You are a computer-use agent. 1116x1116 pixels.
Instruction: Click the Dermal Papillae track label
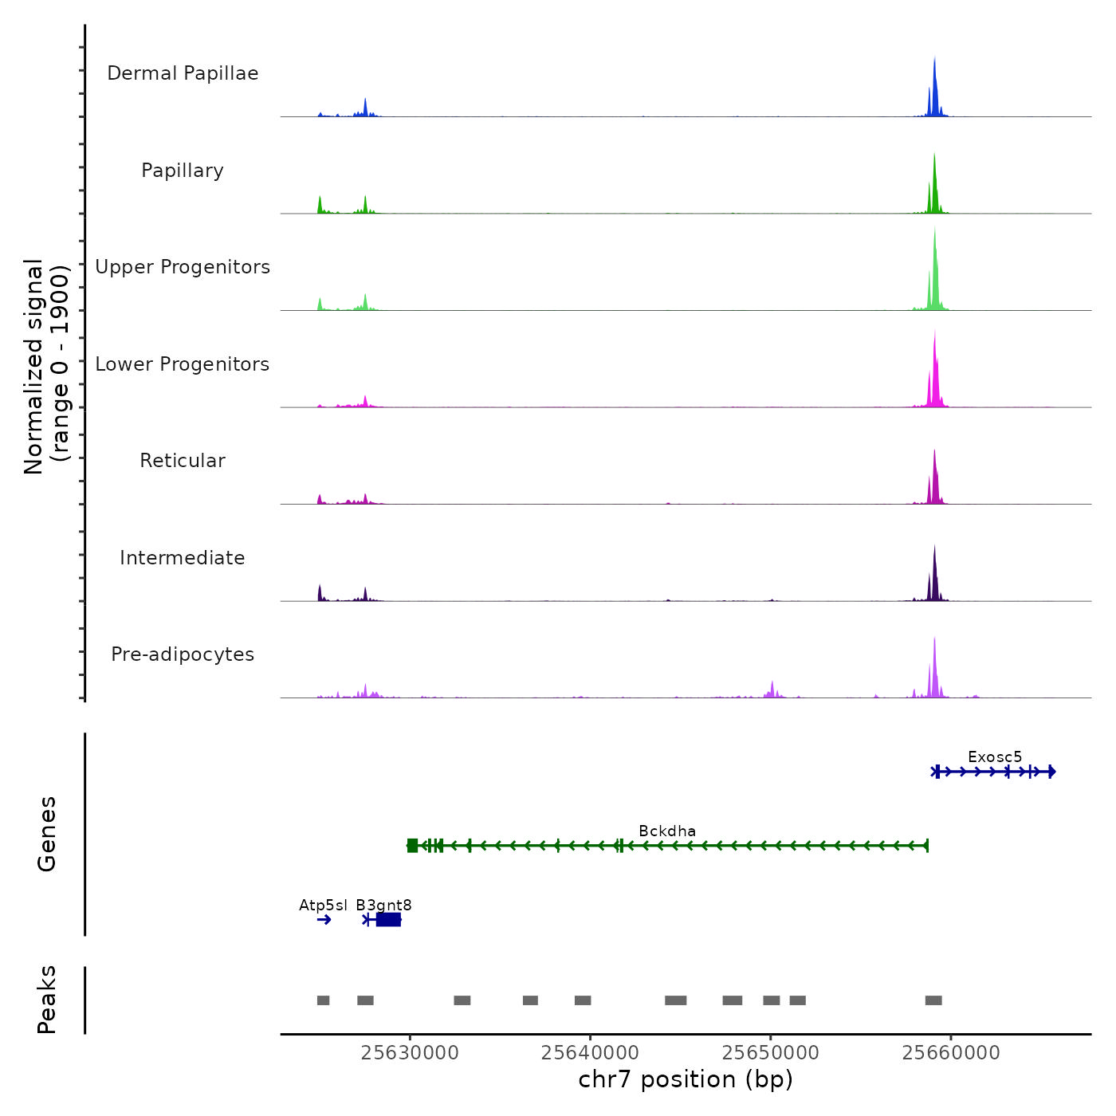click(x=183, y=73)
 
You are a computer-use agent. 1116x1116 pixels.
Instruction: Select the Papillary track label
click(x=183, y=171)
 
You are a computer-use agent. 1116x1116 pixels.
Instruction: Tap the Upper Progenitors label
click(x=183, y=267)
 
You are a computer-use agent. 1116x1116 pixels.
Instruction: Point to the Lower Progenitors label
click(x=183, y=364)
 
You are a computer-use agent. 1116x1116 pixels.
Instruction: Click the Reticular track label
click(x=183, y=461)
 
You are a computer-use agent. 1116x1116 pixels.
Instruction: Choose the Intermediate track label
click(x=183, y=558)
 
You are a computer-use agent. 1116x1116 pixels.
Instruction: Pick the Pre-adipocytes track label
click(x=183, y=654)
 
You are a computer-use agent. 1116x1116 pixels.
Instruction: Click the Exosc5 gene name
click(x=995, y=757)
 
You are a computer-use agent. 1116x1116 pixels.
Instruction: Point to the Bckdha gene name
click(x=667, y=831)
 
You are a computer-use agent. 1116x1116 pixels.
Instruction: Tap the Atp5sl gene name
click(x=323, y=906)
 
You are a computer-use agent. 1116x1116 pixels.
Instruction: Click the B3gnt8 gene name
click(x=383, y=906)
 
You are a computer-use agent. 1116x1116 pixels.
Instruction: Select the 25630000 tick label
click(x=410, y=1053)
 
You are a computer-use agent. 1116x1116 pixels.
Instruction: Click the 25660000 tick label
click(x=951, y=1053)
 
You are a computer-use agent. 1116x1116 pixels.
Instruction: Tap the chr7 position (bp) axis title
click(x=686, y=1079)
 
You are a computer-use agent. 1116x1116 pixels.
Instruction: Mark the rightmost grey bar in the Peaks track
click(x=933, y=1000)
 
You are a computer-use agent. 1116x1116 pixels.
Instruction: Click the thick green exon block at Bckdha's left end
click(x=412, y=846)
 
